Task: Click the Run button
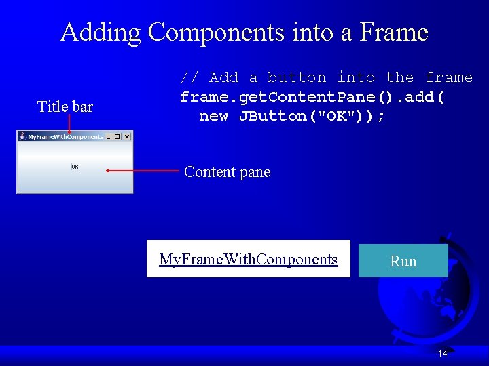click(403, 261)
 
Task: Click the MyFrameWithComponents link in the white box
click(248, 259)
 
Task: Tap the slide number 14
click(442, 354)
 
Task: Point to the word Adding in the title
click(101, 32)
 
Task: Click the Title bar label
click(65, 106)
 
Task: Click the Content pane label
click(227, 172)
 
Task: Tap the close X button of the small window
click(126, 136)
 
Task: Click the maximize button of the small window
click(117, 136)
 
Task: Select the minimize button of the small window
click(109, 136)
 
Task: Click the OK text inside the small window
click(75, 167)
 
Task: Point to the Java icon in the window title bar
click(22, 136)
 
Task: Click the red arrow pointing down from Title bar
click(69, 124)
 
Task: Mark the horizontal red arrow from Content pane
click(141, 171)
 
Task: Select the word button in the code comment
click(297, 77)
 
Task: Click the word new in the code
click(213, 116)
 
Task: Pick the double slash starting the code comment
click(189, 77)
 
